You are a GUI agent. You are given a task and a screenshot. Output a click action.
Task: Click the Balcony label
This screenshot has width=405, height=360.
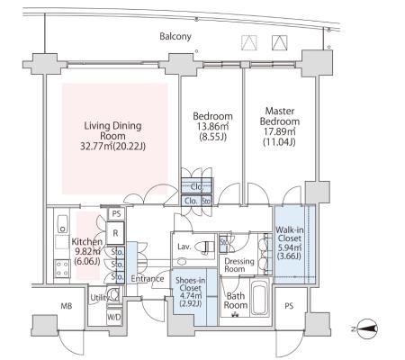(x=175, y=37)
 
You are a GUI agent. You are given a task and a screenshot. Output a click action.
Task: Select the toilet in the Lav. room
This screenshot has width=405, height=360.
(x=205, y=247)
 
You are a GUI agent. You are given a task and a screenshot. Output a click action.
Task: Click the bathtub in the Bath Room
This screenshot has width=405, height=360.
(x=259, y=298)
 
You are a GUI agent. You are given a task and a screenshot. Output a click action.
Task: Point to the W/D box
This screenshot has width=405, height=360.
(x=114, y=318)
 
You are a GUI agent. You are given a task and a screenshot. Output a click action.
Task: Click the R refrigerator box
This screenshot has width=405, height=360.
(x=115, y=233)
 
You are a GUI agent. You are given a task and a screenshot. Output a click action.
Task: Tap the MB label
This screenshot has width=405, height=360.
(x=67, y=306)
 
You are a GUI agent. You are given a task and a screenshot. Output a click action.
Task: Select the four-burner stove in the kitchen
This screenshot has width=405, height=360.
(x=62, y=268)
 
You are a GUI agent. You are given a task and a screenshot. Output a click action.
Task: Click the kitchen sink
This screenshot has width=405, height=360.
(x=62, y=224)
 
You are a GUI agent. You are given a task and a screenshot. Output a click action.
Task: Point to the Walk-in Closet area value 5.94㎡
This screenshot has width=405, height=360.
(x=290, y=247)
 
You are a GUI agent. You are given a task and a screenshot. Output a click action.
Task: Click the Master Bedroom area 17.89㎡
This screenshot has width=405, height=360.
(x=280, y=131)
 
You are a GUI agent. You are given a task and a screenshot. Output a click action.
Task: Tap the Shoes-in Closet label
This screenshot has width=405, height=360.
(x=190, y=284)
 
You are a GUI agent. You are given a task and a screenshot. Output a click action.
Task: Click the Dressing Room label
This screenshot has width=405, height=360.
(x=239, y=265)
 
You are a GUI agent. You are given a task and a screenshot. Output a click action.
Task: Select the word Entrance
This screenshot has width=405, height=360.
(x=148, y=279)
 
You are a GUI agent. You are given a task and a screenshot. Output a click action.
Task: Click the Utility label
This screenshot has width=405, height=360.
(x=100, y=298)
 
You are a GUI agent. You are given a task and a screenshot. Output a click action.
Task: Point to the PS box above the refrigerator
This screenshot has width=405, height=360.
(x=116, y=214)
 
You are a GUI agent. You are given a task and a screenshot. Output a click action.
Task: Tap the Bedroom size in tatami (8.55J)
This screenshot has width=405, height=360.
(x=212, y=137)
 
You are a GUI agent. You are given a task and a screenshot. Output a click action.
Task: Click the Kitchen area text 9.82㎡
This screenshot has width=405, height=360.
(x=87, y=251)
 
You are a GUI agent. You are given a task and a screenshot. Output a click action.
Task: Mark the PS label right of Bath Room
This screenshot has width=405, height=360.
(x=289, y=306)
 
